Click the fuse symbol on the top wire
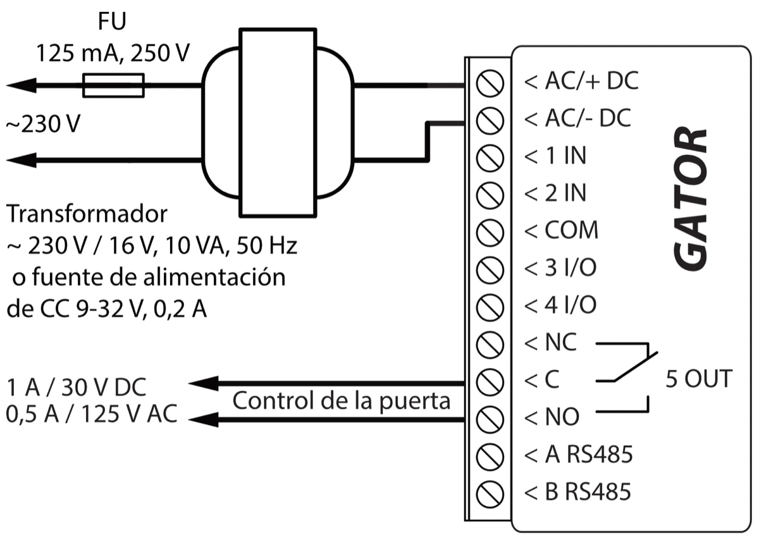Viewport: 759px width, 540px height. (x=114, y=85)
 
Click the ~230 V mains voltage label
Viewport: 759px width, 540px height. (x=44, y=124)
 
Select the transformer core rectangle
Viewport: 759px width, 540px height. (x=277, y=123)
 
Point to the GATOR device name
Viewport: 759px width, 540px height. (x=689, y=199)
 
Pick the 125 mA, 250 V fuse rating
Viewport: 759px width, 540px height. (x=112, y=53)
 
